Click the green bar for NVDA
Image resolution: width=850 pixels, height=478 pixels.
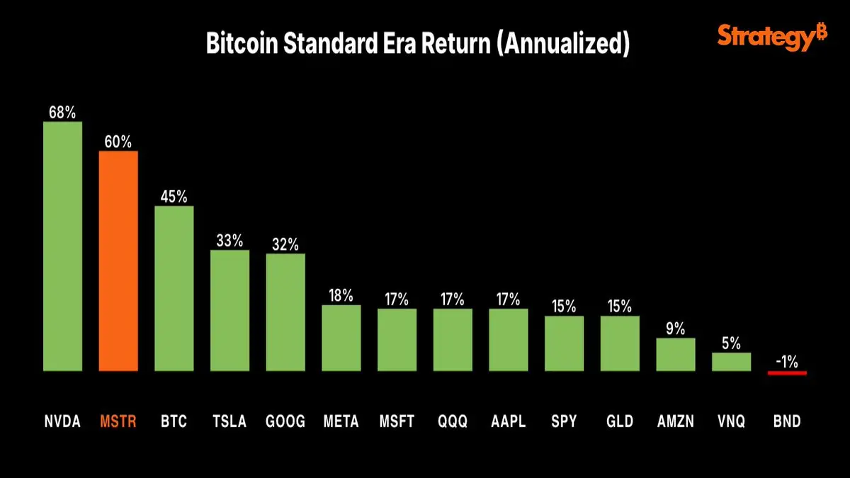click(x=62, y=246)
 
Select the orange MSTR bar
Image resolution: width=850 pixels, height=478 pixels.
click(x=118, y=261)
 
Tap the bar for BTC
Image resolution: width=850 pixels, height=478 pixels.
click(x=174, y=288)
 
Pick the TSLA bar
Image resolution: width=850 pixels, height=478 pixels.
click(x=229, y=310)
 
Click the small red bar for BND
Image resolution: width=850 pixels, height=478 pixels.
click(x=787, y=372)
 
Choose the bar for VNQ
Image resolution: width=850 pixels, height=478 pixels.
click(x=731, y=362)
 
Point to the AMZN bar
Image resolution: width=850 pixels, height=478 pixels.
click(x=675, y=354)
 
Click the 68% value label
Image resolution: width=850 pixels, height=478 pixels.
click(x=62, y=112)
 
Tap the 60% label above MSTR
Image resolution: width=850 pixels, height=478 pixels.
click(x=118, y=142)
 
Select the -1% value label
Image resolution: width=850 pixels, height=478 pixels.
click(x=787, y=361)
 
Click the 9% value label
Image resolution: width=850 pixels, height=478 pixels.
click(x=675, y=329)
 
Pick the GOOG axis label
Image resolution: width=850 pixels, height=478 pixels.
click(x=285, y=422)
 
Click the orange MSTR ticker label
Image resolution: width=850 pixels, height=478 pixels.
click(x=118, y=422)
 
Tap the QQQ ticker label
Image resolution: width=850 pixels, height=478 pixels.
click(x=452, y=422)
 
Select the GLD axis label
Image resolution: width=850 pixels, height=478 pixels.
click(x=619, y=422)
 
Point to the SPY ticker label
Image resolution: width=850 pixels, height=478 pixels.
click(x=564, y=422)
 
